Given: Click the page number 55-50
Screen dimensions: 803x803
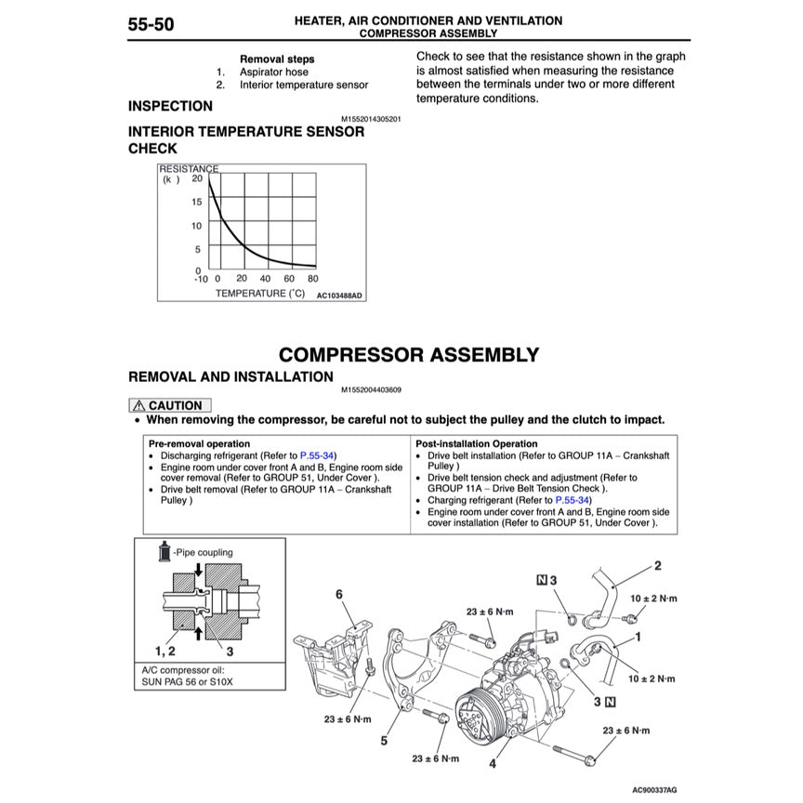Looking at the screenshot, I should click(151, 25).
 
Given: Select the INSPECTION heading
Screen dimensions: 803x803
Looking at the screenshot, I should click(170, 107).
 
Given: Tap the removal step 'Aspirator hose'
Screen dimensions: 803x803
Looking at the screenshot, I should click(274, 72).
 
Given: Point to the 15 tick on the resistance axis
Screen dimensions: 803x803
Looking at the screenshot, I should click(196, 202).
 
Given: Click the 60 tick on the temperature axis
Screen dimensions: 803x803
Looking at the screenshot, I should click(289, 279).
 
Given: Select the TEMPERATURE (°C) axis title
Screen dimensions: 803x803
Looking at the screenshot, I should click(260, 294).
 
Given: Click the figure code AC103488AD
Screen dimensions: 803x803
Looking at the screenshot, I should click(338, 296).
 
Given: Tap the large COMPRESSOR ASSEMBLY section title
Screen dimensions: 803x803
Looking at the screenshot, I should click(409, 355).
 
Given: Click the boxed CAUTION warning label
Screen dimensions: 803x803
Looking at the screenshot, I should click(169, 405).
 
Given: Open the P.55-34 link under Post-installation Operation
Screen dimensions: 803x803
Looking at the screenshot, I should click(572, 500).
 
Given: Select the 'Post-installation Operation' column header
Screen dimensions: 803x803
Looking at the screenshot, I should click(476, 444).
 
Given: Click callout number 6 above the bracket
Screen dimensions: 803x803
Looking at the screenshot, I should click(339, 594).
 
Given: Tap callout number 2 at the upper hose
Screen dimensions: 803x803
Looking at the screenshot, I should click(657, 565).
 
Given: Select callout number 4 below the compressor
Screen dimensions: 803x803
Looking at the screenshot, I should click(493, 764).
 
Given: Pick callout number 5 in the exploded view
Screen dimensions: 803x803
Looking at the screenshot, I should click(383, 741).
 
